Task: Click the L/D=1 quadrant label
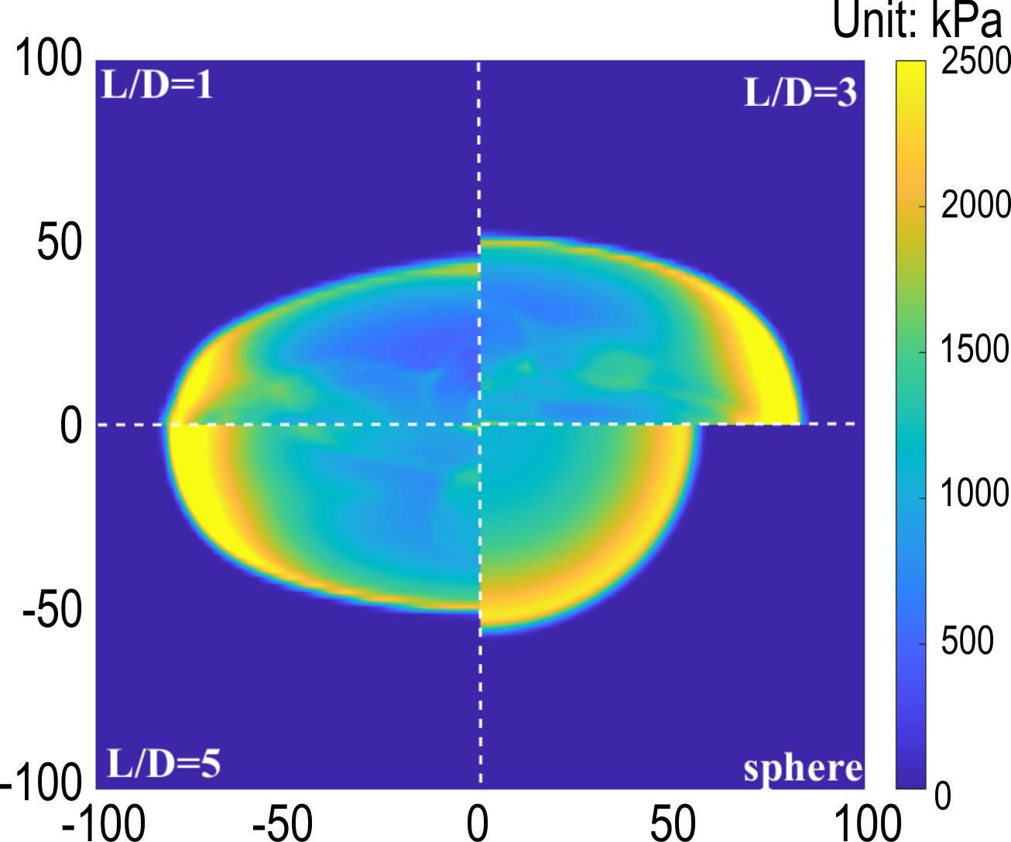coord(158,84)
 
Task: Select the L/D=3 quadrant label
coord(800,93)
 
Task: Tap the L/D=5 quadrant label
coord(163,763)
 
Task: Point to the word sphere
coord(803,768)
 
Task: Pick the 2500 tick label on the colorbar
coord(975,61)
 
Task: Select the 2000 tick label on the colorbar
coord(975,207)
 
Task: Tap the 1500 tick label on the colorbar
coord(975,352)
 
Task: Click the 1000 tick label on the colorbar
coord(975,498)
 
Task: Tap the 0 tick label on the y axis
coord(71,426)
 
